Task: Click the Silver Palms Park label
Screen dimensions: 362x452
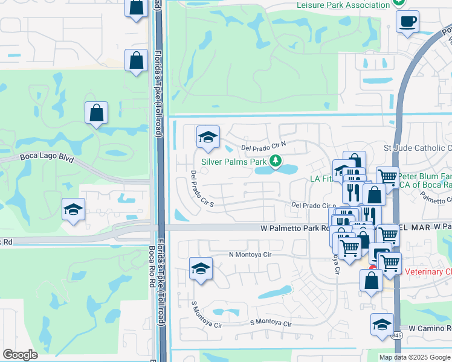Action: (x=234, y=162)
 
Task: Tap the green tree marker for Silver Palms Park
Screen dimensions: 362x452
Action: (x=276, y=161)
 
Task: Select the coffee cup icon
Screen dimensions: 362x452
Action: (x=407, y=22)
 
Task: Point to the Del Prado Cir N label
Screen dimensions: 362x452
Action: (x=263, y=147)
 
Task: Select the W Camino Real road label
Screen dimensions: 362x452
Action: (x=430, y=328)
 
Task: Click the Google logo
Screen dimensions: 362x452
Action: (x=21, y=355)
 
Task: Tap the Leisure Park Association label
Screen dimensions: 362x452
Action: (x=343, y=5)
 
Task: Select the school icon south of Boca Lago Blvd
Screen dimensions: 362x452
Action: (x=73, y=209)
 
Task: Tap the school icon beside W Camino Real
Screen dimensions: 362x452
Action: (x=382, y=325)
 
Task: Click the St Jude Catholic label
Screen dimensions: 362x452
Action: (x=418, y=148)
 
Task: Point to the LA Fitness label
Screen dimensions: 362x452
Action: (x=321, y=179)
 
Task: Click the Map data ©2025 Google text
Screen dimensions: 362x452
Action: (x=415, y=357)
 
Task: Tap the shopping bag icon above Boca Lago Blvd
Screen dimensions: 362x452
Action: (x=97, y=113)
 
